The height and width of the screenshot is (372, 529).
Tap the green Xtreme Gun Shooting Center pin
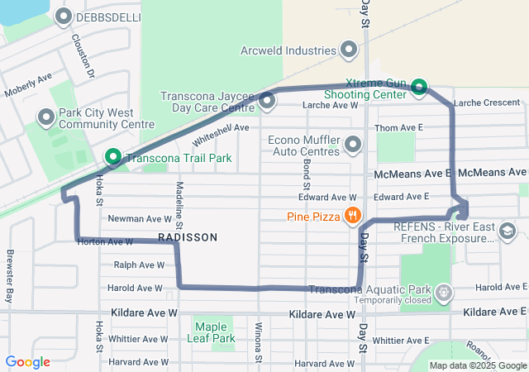pos(419,86)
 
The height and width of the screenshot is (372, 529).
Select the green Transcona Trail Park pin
pos(112,157)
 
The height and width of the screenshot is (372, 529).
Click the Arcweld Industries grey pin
pos(350,50)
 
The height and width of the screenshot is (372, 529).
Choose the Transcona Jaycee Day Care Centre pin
pos(267,101)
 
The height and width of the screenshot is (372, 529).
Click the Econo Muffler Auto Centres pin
pos(354,145)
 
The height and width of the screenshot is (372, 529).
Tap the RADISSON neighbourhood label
pos(187,237)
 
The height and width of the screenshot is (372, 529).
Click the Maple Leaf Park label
pos(213,332)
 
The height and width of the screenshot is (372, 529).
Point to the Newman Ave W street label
pos(145,219)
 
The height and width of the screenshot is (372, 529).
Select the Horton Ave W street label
pos(104,242)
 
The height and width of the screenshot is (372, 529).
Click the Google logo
pos(27,362)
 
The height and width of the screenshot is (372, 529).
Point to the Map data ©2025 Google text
pos(476,365)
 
